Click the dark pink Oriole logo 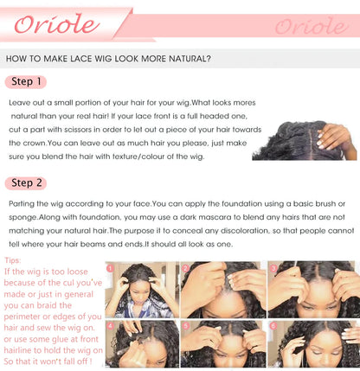coord(57,24)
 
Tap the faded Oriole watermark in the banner coord(312,26)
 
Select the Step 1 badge coord(26,82)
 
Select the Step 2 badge coord(26,183)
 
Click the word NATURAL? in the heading coord(190,59)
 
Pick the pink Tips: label coord(13,260)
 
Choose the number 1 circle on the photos coord(111,269)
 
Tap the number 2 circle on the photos coord(186,269)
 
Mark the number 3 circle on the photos coord(273,269)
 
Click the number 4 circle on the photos coord(111,326)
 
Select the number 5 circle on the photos coord(186,326)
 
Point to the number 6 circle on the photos coord(273,326)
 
